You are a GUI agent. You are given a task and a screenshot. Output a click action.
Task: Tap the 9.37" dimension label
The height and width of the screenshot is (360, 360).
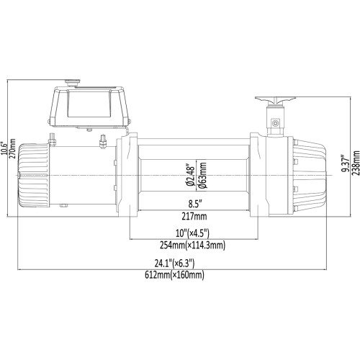(x=346, y=165)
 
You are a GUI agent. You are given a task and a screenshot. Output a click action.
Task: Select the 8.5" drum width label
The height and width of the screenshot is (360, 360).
(x=190, y=204)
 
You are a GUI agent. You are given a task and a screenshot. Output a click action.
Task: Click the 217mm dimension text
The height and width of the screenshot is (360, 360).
(x=190, y=216)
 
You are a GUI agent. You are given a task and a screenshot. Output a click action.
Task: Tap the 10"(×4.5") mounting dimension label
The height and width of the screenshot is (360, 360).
(x=190, y=232)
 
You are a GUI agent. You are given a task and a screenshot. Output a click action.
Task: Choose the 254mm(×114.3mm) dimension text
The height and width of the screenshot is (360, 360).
(x=190, y=245)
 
